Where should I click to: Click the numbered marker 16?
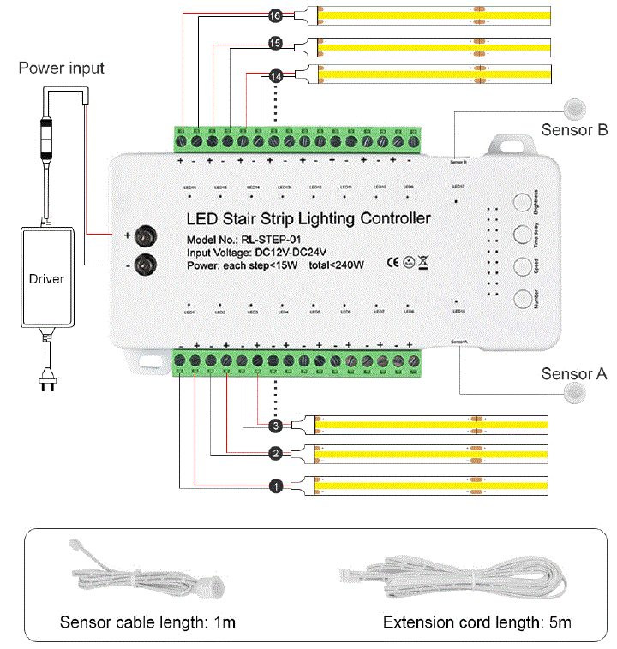click(275, 15)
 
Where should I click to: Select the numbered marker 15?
click(275, 43)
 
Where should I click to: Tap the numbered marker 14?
click(275, 76)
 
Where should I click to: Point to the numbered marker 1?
click(275, 486)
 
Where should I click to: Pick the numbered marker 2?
click(275, 453)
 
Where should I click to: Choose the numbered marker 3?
click(275, 425)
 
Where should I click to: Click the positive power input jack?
click(149, 235)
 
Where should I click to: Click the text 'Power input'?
click(62, 67)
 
